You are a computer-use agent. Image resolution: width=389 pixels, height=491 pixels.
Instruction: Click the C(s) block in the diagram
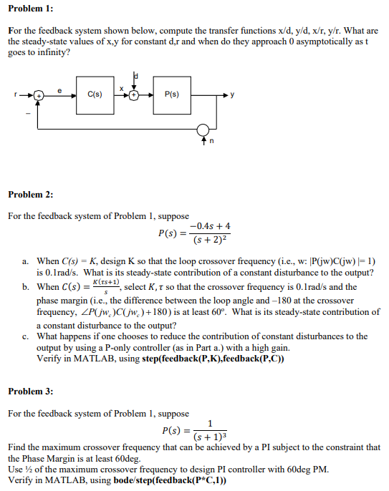click(94, 94)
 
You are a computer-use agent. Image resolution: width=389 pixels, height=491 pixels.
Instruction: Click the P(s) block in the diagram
click(172, 94)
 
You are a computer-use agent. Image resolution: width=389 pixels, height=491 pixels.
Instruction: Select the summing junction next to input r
click(40, 94)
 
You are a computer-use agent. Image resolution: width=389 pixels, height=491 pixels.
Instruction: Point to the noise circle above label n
click(204, 130)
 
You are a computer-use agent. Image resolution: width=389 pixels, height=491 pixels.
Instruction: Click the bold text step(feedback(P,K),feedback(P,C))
click(213, 359)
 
